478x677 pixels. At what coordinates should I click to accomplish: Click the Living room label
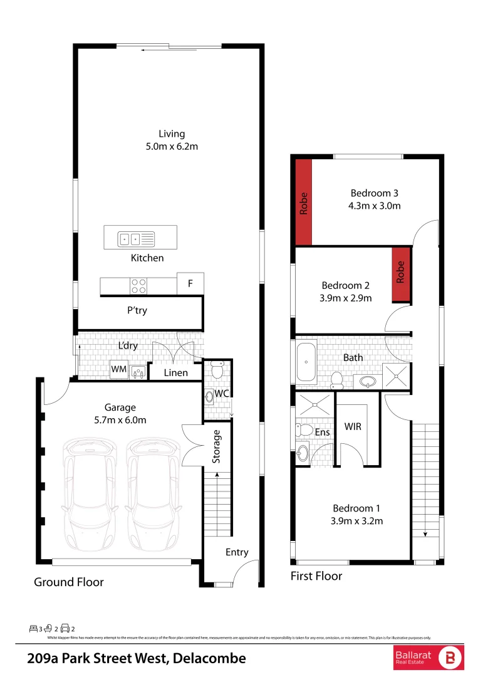pyautogui.click(x=172, y=134)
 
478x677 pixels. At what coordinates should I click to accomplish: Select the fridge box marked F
pyautogui.click(x=190, y=283)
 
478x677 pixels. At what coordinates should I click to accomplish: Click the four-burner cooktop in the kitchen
pyautogui.click(x=139, y=286)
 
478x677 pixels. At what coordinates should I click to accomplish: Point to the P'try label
pyautogui.click(x=137, y=310)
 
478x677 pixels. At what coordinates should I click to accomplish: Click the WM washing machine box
pyautogui.click(x=119, y=370)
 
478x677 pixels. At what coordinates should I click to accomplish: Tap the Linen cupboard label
pyautogui.click(x=175, y=373)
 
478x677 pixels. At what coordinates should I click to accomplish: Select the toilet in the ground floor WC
pyautogui.click(x=217, y=370)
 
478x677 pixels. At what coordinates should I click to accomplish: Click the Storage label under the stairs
pyautogui.click(x=217, y=446)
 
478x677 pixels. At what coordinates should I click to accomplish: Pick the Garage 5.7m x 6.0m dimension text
pyautogui.click(x=120, y=420)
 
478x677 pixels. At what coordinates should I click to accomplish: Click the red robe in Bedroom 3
pyautogui.click(x=304, y=202)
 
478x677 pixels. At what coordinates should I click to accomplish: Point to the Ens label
pyautogui.click(x=322, y=432)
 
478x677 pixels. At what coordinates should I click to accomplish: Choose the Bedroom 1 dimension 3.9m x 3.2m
pyautogui.click(x=357, y=520)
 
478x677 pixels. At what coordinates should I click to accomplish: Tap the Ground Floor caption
pyautogui.click(x=69, y=582)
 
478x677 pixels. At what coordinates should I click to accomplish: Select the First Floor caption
pyautogui.click(x=316, y=576)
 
